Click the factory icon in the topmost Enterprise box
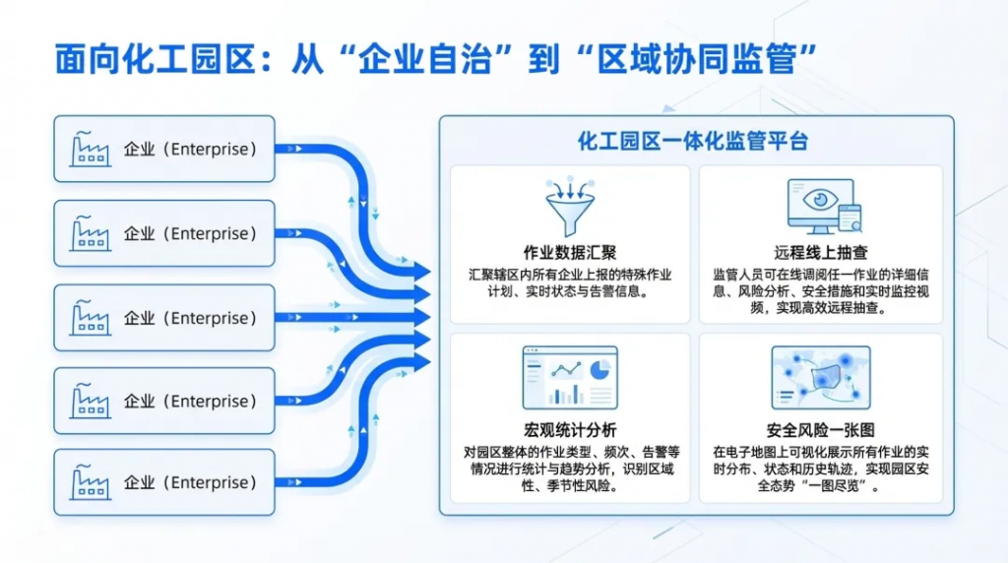pyautogui.click(x=90, y=150)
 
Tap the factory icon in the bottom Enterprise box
pyautogui.click(x=90, y=482)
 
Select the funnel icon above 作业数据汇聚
pyautogui.click(x=570, y=207)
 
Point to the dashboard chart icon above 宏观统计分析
pyautogui.click(x=570, y=377)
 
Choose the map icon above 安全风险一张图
pyautogui.click(x=821, y=377)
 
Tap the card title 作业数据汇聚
pyautogui.click(x=570, y=253)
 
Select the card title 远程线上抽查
pyautogui.click(x=821, y=253)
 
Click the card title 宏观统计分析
pyautogui.click(x=570, y=430)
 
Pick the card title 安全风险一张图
pyautogui.click(x=821, y=430)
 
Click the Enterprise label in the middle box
pyautogui.click(x=190, y=318)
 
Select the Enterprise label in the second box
pyautogui.click(x=190, y=234)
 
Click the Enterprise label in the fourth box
pyautogui.click(x=190, y=401)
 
